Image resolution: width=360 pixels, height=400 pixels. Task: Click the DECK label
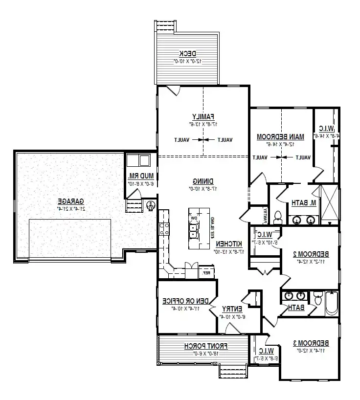[187, 53]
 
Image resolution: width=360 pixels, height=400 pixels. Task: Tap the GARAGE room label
[71, 201]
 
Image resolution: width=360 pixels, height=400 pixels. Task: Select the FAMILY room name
[203, 116]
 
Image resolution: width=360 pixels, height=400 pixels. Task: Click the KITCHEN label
[227, 244]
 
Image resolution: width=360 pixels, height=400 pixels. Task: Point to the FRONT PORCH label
[206, 346]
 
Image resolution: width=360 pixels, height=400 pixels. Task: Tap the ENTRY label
[232, 309]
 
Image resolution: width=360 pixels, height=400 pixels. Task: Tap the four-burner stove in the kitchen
[164, 229]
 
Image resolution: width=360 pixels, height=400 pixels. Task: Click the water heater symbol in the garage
[150, 206]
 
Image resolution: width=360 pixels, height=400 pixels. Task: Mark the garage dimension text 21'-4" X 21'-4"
[71, 209]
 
